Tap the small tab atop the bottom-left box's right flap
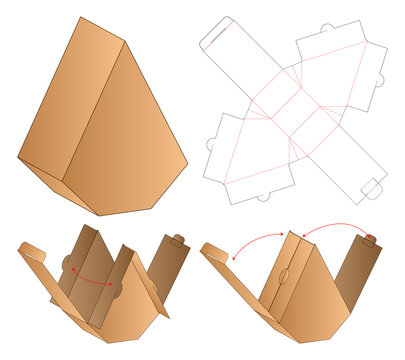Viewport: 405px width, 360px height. coord(178,240)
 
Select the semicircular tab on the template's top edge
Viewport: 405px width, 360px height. coord(327,27)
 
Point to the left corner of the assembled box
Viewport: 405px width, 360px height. coord(19,158)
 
